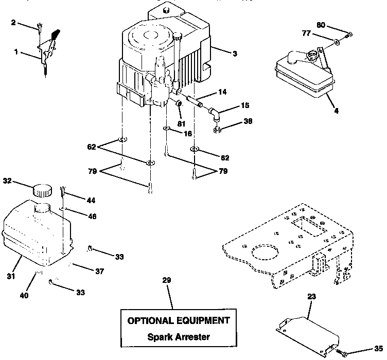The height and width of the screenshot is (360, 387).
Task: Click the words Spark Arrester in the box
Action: [x=178, y=337]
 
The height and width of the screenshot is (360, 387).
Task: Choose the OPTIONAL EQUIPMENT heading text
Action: [x=178, y=320]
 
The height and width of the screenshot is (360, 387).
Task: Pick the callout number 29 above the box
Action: [x=166, y=280]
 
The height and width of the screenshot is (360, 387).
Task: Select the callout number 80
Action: [x=321, y=25]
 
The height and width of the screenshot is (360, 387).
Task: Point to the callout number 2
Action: [x=13, y=23]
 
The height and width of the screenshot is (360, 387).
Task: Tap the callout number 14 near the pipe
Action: [x=221, y=92]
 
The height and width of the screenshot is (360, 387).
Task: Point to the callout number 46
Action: [x=92, y=216]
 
